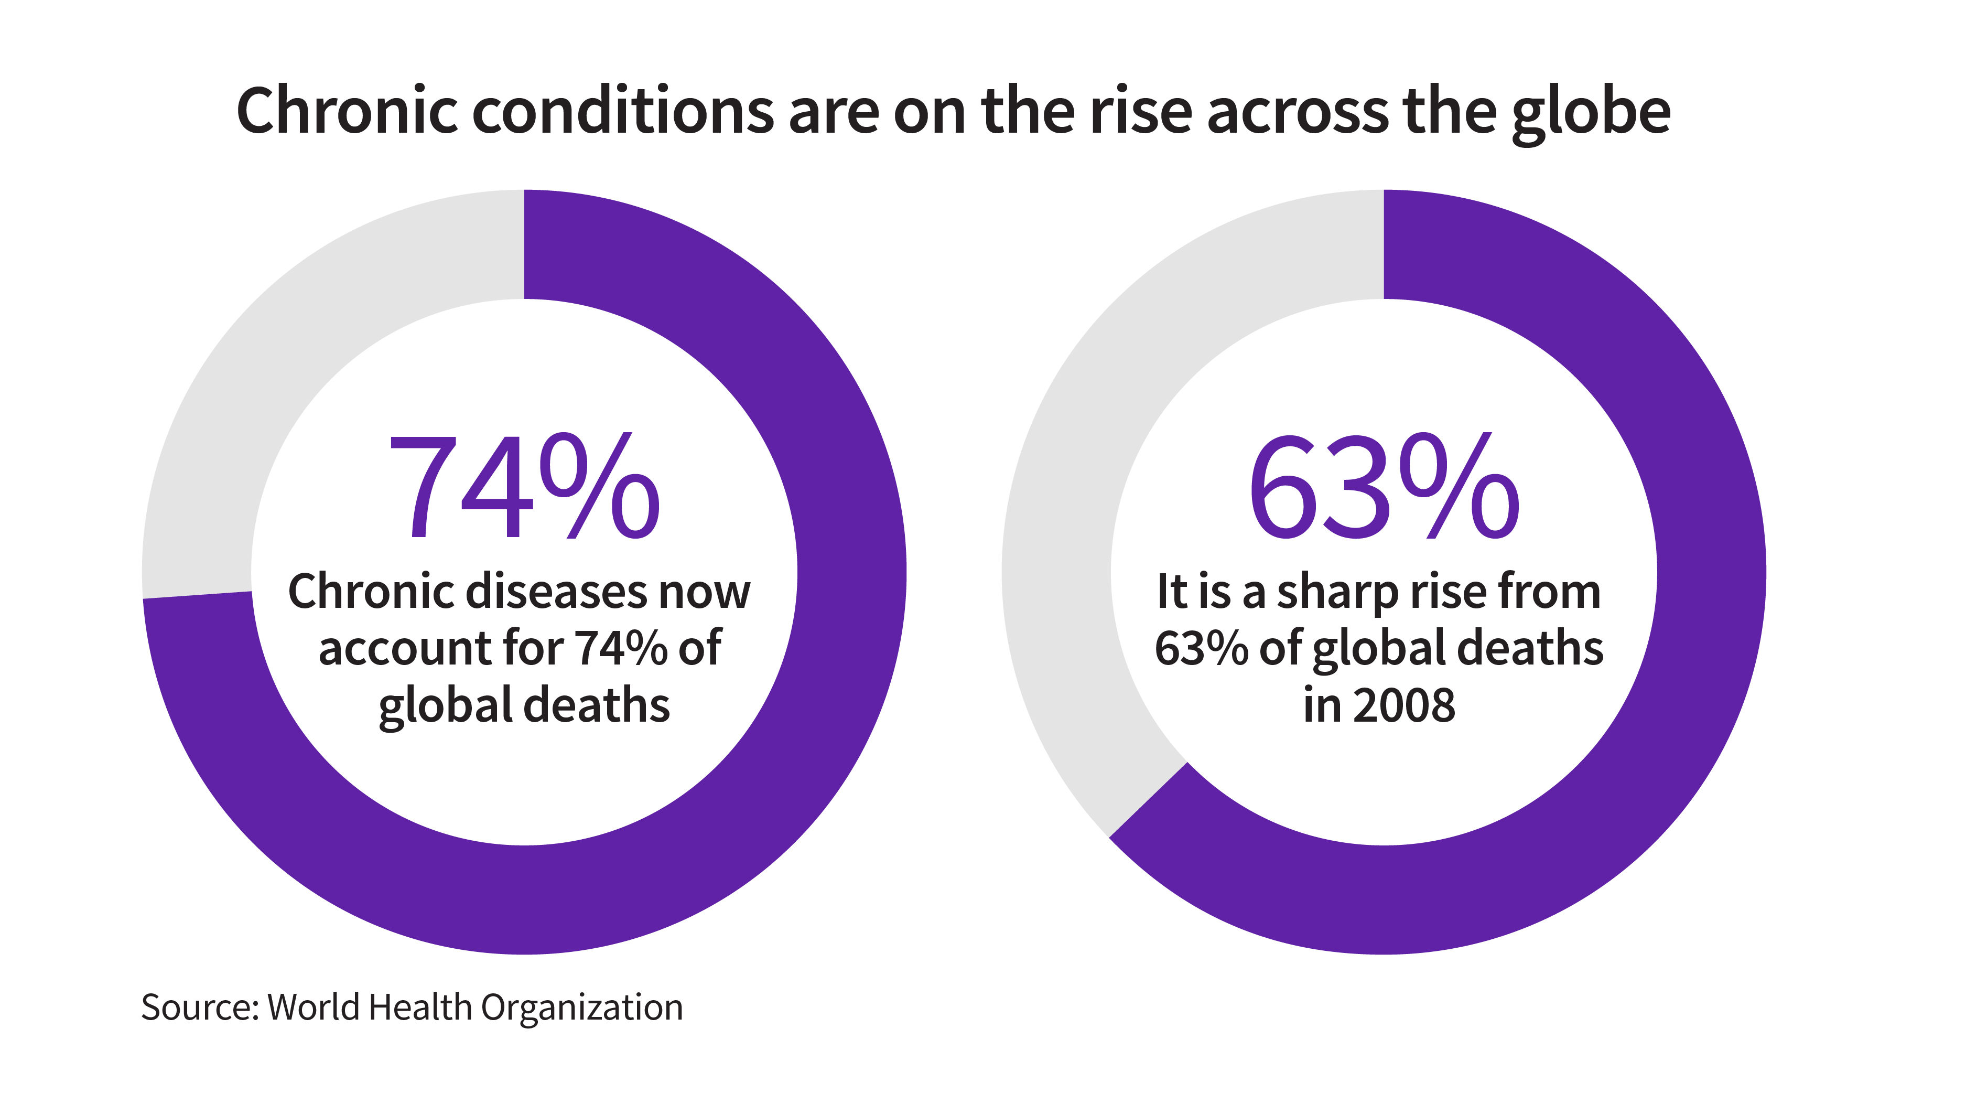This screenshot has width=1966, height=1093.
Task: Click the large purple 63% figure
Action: tap(1383, 486)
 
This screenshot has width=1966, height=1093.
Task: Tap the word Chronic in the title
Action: tap(347, 111)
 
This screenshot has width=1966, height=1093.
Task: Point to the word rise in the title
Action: tap(1139, 111)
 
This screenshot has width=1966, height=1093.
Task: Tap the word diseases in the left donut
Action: tap(557, 592)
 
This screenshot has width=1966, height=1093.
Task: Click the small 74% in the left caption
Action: tap(621, 648)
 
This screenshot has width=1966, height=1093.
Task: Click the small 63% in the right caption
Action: tap(1201, 648)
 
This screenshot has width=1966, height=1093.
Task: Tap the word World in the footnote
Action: tap(314, 1007)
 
